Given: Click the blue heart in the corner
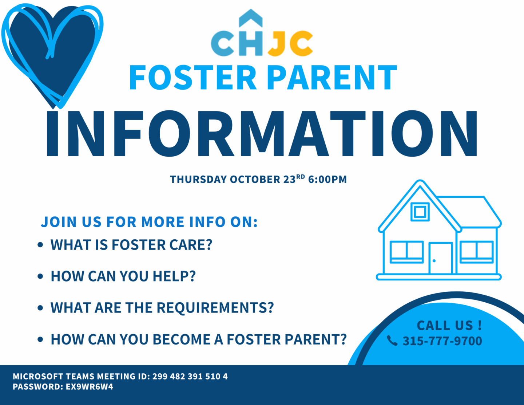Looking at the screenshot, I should [x=53, y=51].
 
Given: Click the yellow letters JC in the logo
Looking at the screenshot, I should [x=290, y=44].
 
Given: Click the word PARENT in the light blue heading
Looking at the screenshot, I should [x=332, y=78].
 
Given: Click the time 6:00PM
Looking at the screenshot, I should [x=327, y=180].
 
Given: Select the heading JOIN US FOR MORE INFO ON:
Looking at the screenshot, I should [x=149, y=222].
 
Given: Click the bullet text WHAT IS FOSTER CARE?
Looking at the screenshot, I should [x=131, y=245].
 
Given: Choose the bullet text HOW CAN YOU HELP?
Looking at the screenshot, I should [x=123, y=276].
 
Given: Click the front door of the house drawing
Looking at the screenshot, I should [x=440, y=258].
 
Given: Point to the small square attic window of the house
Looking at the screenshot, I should [x=420, y=212].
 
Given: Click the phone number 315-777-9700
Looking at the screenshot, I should [x=442, y=341].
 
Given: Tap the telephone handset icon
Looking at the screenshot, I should [x=392, y=341].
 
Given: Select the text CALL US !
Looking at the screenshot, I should [x=449, y=325].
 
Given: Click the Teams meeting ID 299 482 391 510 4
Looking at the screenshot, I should [x=190, y=377].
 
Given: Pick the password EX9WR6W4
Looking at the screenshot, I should [x=89, y=387].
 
